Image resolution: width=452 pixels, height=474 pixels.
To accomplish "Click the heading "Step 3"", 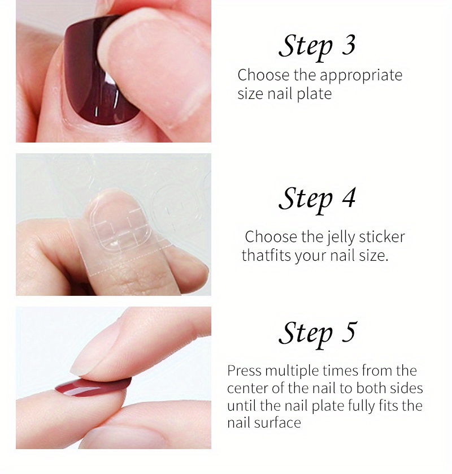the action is coord(317,47).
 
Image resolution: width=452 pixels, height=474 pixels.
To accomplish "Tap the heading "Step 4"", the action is coord(317,200).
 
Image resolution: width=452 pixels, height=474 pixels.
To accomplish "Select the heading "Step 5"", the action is coord(318,334).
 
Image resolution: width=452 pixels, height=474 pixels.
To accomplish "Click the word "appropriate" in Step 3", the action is coord(361,76).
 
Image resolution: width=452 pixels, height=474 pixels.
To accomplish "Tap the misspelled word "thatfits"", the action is coord(266,255).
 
